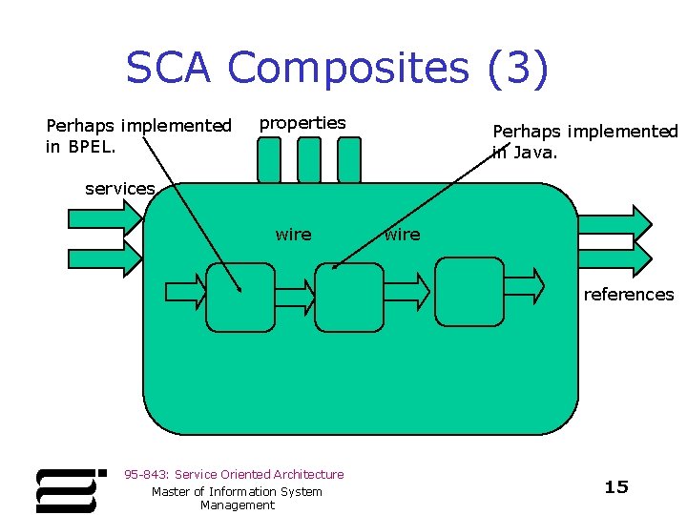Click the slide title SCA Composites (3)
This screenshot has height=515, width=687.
[x=337, y=69]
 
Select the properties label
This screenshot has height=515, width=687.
[x=302, y=123]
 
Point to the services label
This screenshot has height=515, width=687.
[x=119, y=189]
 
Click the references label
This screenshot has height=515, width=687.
[x=628, y=294]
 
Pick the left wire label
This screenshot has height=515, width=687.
[x=293, y=235]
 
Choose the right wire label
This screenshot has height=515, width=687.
[x=402, y=235]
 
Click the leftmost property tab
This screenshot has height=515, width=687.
[x=270, y=160]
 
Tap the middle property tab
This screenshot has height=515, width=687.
[x=309, y=160]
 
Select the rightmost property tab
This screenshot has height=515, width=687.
[x=349, y=160]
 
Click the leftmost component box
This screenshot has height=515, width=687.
[x=239, y=297]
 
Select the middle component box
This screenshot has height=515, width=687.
[x=348, y=297]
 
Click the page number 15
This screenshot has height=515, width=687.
[x=616, y=487]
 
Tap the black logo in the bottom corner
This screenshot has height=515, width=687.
[x=68, y=489]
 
